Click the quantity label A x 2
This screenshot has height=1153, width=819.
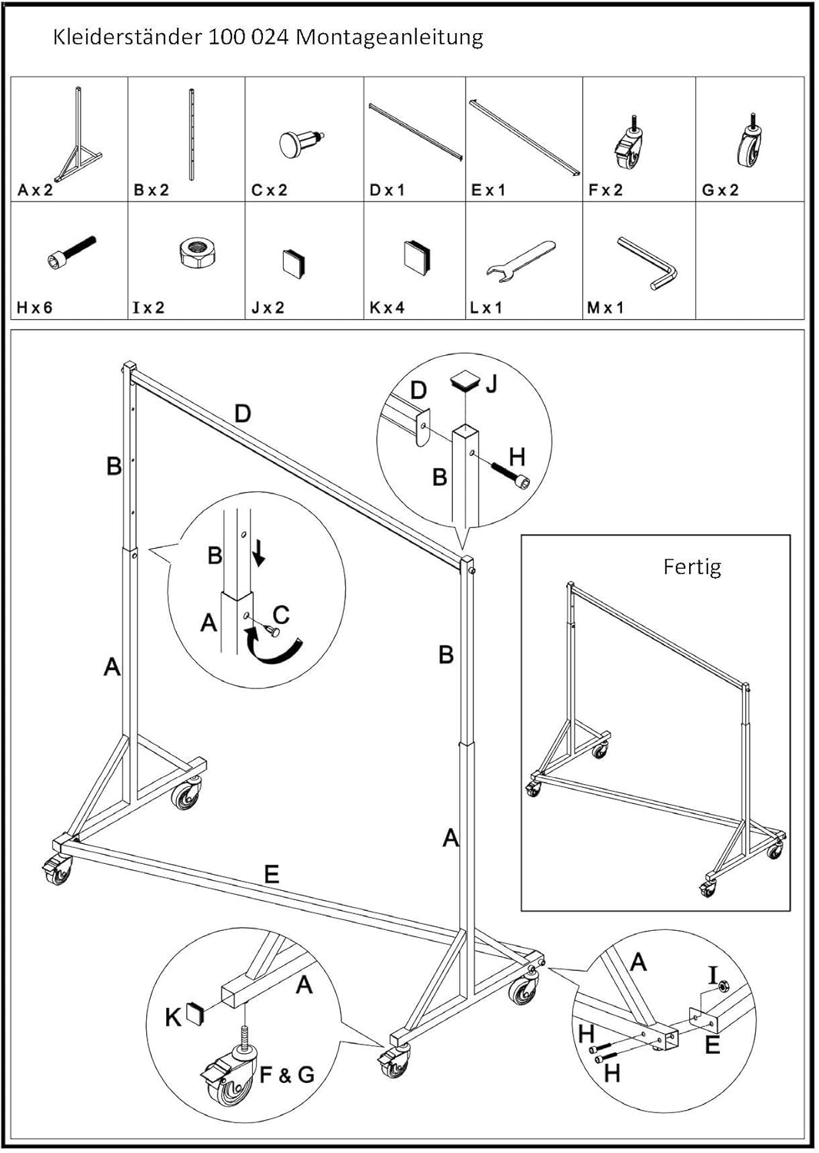[35, 191]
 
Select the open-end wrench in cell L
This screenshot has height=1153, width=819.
[521, 260]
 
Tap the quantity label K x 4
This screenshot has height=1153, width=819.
[387, 307]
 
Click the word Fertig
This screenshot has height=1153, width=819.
[692, 567]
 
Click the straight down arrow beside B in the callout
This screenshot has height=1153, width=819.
[259, 554]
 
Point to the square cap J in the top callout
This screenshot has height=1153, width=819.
[467, 381]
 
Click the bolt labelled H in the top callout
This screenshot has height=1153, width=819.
[511, 475]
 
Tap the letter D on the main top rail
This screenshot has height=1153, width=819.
[242, 414]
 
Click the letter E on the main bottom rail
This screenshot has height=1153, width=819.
[271, 874]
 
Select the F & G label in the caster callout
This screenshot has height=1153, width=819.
[286, 1076]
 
